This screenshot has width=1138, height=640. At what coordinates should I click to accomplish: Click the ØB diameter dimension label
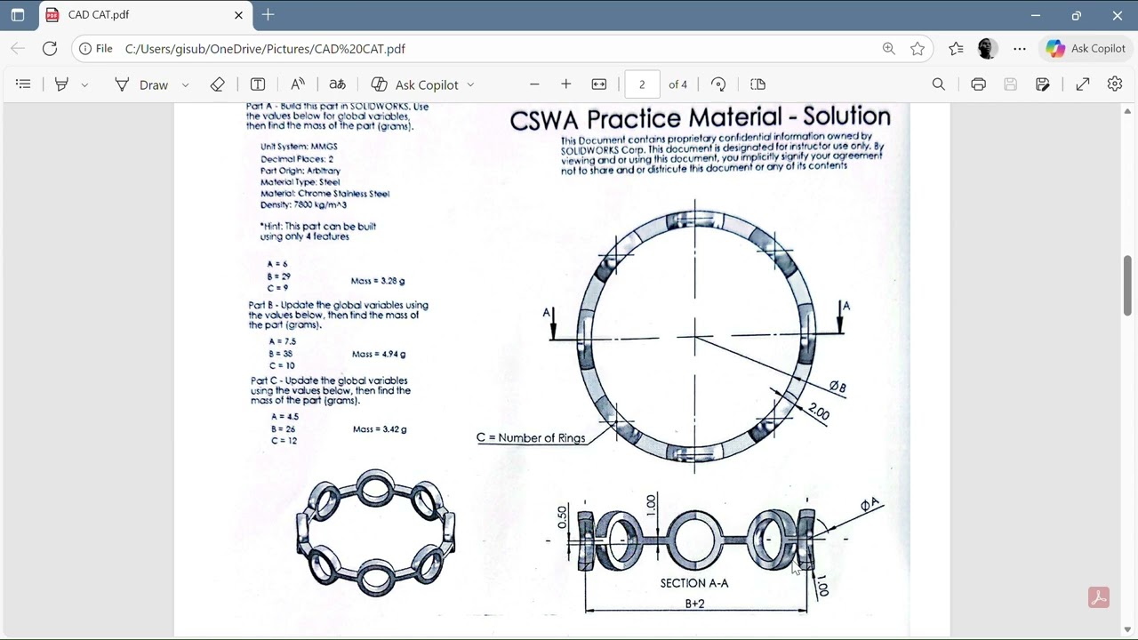[x=837, y=387]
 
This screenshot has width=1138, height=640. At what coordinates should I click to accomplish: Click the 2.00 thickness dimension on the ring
[x=819, y=412]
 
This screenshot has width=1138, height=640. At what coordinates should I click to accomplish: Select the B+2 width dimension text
[x=694, y=604]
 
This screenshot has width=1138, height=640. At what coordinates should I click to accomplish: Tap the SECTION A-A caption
[x=694, y=583]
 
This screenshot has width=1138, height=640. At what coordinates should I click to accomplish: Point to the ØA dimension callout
[x=870, y=505]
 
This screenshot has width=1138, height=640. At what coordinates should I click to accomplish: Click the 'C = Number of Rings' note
[x=531, y=437]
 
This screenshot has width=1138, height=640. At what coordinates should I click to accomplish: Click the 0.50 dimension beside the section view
[x=562, y=516]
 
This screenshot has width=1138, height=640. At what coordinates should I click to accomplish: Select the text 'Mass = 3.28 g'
[x=378, y=281]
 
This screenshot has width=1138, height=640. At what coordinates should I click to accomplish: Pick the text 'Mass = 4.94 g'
[x=379, y=354]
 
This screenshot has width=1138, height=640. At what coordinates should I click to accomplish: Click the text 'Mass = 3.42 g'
[x=380, y=429]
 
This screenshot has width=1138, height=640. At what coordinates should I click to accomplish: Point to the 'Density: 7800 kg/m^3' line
[x=303, y=204]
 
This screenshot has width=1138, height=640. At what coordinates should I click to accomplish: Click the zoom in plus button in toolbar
[x=566, y=84]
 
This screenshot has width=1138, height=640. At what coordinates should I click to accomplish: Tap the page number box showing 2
[x=642, y=84]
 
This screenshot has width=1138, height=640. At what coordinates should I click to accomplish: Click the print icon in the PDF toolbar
[x=978, y=84]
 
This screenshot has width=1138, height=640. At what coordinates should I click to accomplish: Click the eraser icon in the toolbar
[x=218, y=84]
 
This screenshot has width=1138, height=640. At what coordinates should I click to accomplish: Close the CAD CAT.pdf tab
[x=238, y=15]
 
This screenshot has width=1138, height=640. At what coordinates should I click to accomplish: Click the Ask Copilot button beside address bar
[x=1086, y=49]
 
